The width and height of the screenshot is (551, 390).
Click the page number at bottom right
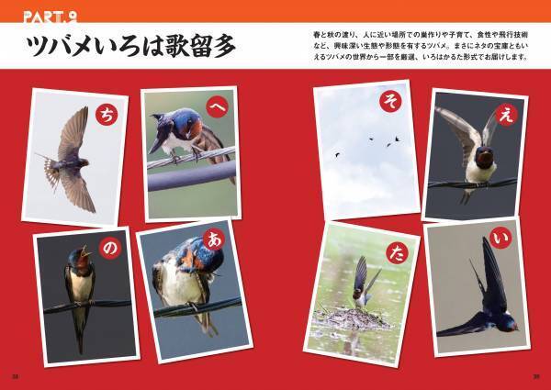tap(535, 374)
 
